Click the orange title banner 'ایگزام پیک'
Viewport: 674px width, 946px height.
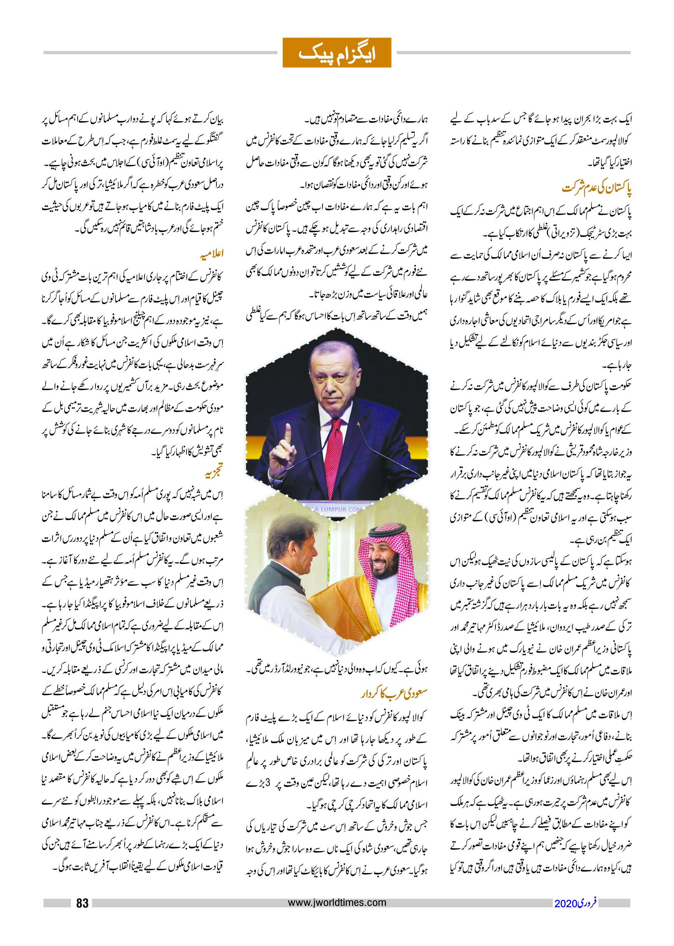337,53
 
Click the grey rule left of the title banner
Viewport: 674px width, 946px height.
160,53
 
